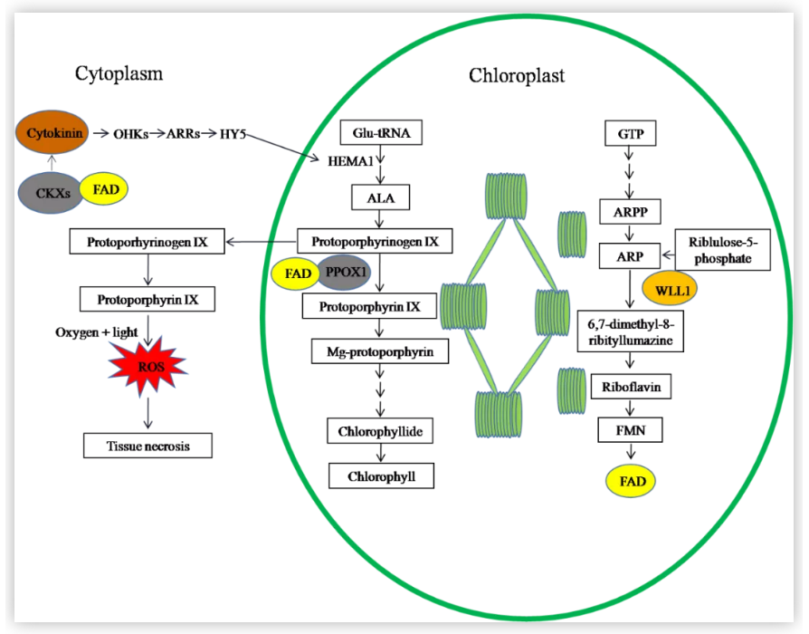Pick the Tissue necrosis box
click(148, 446)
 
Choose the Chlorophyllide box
click(381, 431)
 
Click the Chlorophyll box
click(381, 475)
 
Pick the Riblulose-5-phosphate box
click(721, 249)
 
